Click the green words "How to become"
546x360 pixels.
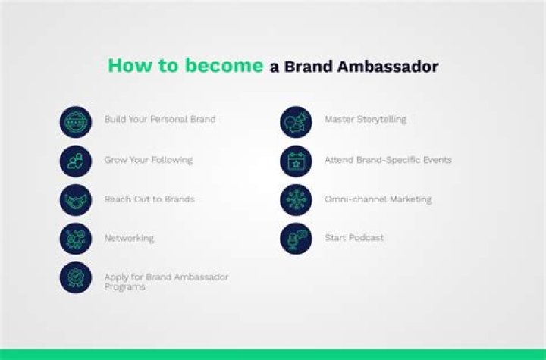coord(185,66)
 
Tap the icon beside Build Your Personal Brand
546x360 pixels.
coord(76,121)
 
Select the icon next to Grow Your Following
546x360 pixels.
coord(76,161)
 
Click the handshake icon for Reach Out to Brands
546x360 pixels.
coord(76,200)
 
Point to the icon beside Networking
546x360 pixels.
coord(76,239)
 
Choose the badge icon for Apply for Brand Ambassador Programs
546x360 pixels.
coord(76,277)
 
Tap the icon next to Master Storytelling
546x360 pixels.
coord(296,121)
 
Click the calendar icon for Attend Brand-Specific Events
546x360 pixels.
coord(296,161)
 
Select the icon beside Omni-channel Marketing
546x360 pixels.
coord(296,200)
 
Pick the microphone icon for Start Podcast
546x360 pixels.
coord(296,239)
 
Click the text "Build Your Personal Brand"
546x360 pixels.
coord(160,120)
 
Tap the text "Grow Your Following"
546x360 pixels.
coord(148,160)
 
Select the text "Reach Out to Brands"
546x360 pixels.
coord(149,199)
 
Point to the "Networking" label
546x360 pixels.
coord(129,238)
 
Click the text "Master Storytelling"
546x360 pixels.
coord(366,120)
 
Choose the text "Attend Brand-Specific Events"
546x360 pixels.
coord(388,160)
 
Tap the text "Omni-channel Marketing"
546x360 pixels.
coord(378,199)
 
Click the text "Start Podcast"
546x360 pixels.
coord(354,238)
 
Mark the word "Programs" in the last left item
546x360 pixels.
coord(125,287)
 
